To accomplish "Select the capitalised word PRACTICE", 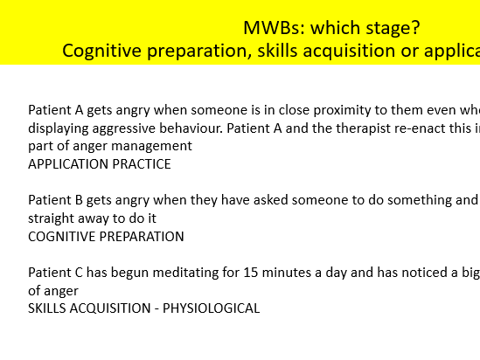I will coord(143,164).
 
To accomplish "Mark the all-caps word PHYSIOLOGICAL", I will coord(205,308).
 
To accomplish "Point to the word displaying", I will coord(57,128).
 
